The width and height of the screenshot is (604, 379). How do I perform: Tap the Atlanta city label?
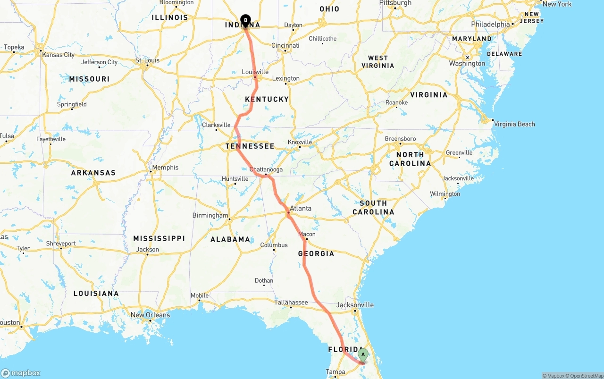pyautogui.click(x=301, y=208)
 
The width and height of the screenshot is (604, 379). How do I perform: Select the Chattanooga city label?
pyautogui.click(x=266, y=169)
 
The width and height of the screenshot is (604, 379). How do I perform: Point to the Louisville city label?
pyautogui.click(x=255, y=72)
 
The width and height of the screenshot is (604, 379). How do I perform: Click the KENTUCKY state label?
pyautogui.click(x=267, y=99)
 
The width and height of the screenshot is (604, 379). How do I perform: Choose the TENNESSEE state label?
pyautogui.click(x=250, y=146)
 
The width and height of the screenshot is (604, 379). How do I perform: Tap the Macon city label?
pyautogui.click(x=307, y=234)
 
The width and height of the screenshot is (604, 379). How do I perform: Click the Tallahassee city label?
pyautogui.click(x=291, y=303)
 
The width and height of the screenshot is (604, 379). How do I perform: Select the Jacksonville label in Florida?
pyautogui.click(x=355, y=305)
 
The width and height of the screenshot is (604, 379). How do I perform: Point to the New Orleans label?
pyautogui.click(x=150, y=315)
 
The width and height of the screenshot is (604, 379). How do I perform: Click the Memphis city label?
pyautogui.click(x=165, y=167)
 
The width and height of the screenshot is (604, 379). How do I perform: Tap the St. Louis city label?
pyautogui.click(x=147, y=60)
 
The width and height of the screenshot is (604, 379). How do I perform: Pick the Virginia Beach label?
pyautogui.click(x=513, y=124)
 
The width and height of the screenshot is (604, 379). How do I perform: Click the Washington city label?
pyautogui.click(x=467, y=63)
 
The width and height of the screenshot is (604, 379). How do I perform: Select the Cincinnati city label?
pyautogui.click(x=285, y=45)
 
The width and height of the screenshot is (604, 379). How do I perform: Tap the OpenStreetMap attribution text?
pyautogui.click(x=585, y=376)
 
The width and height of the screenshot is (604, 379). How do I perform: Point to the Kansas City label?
pyautogui.click(x=58, y=55)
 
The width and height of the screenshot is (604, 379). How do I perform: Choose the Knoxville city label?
pyautogui.click(x=300, y=142)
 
